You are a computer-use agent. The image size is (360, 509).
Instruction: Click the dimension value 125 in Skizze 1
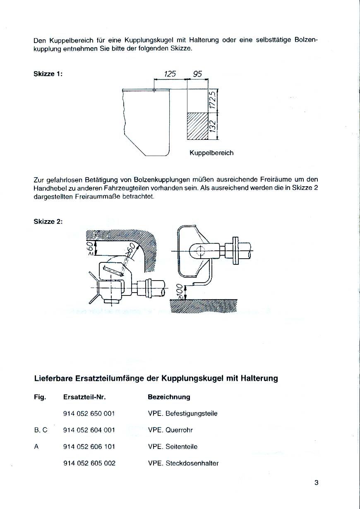click(x=170, y=74)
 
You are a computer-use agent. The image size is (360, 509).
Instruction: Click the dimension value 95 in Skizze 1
click(x=197, y=74)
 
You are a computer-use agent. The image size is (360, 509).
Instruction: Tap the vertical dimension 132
click(x=213, y=126)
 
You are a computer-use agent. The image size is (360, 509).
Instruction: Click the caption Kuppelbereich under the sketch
click(x=211, y=153)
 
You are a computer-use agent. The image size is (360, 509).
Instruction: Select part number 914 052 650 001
click(x=89, y=413)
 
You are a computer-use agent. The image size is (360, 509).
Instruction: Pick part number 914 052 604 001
click(x=89, y=430)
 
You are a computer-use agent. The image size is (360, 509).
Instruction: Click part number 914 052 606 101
click(x=89, y=447)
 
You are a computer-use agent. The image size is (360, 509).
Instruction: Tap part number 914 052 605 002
click(x=89, y=463)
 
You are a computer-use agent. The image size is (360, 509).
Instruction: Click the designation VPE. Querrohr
click(x=170, y=430)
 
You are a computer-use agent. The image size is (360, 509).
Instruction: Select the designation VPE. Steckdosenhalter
click(x=183, y=463)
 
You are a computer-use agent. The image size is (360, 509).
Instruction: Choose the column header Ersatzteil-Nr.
click(x=85, y=397)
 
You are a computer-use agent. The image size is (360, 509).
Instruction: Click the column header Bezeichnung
click(x=169, y=397)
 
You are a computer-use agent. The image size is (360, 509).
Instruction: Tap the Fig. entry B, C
click(x=41, y=430)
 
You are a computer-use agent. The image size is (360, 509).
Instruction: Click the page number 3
click(x=317, y=483)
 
